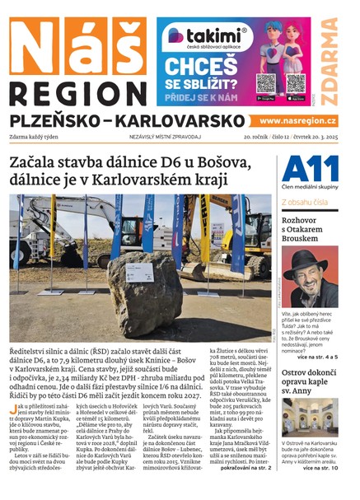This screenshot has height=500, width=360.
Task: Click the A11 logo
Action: (x=311, y=169)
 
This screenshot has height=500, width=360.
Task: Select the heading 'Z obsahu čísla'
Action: (x=307, y=200)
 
